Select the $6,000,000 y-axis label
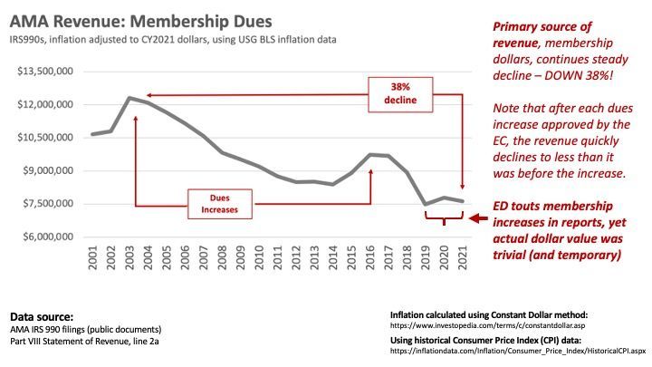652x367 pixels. tap(45, 237)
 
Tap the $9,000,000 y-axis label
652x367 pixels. tap(45, 170)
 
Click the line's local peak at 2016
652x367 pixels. tap(370, 155)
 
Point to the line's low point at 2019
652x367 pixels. tap(426, 205)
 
